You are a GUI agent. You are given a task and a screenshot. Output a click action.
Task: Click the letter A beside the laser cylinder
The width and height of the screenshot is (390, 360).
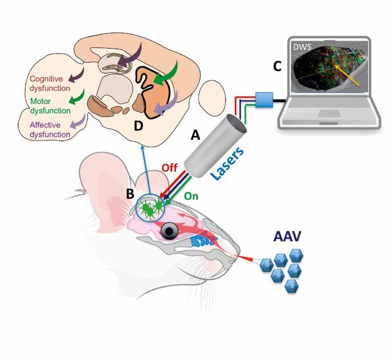pyautogui.click(x=195, y=135)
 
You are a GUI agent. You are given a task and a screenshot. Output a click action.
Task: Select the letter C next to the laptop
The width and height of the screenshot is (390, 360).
pyautogui.click(x=277, y=67)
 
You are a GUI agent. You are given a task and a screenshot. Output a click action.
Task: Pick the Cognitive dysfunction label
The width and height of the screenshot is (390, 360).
pyautogui.click(x=51, y=84)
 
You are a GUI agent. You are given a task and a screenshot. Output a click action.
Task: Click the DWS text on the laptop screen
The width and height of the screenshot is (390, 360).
pyautogui.click(x=302, y=47)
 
